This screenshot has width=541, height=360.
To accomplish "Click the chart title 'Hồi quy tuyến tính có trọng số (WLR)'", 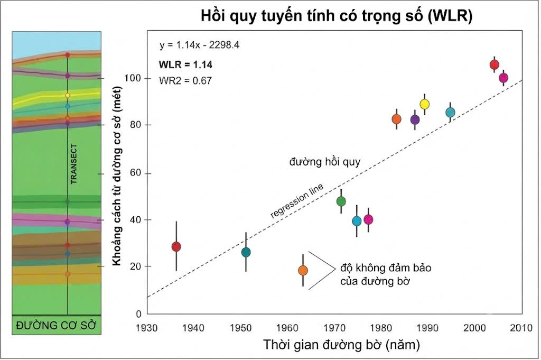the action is [337, 16].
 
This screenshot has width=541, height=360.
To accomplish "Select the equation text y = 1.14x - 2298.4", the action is [199, 45].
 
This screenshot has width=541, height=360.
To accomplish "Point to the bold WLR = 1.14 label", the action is [185, 64].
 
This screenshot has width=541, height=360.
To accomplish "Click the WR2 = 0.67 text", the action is [185, 81].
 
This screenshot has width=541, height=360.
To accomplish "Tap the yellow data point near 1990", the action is [424, 104].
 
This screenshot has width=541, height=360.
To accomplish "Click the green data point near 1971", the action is [341, 201].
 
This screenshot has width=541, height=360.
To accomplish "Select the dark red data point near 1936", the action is [176, 246].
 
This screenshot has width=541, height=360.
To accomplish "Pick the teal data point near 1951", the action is [246, 252].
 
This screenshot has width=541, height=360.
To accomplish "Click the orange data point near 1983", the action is [397, 119].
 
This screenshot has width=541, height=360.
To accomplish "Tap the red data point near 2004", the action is [495, 64].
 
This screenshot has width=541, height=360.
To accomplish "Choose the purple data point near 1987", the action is [415, 120].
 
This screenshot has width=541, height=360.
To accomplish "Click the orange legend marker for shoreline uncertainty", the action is [303, 270].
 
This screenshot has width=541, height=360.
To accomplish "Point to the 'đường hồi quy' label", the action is [325, 162].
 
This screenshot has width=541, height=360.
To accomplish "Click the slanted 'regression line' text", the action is [297, 201].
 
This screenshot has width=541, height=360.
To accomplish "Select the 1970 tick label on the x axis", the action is [334, 328].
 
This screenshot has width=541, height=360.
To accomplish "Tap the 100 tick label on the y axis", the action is [133, 78].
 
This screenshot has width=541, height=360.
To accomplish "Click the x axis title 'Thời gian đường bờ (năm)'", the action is [342, 345].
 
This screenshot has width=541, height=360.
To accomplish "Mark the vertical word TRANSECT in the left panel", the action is [74, 164].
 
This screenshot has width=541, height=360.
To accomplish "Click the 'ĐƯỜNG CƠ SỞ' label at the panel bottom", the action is [56, 326].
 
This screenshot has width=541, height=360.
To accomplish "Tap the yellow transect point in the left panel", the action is [68, 95].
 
